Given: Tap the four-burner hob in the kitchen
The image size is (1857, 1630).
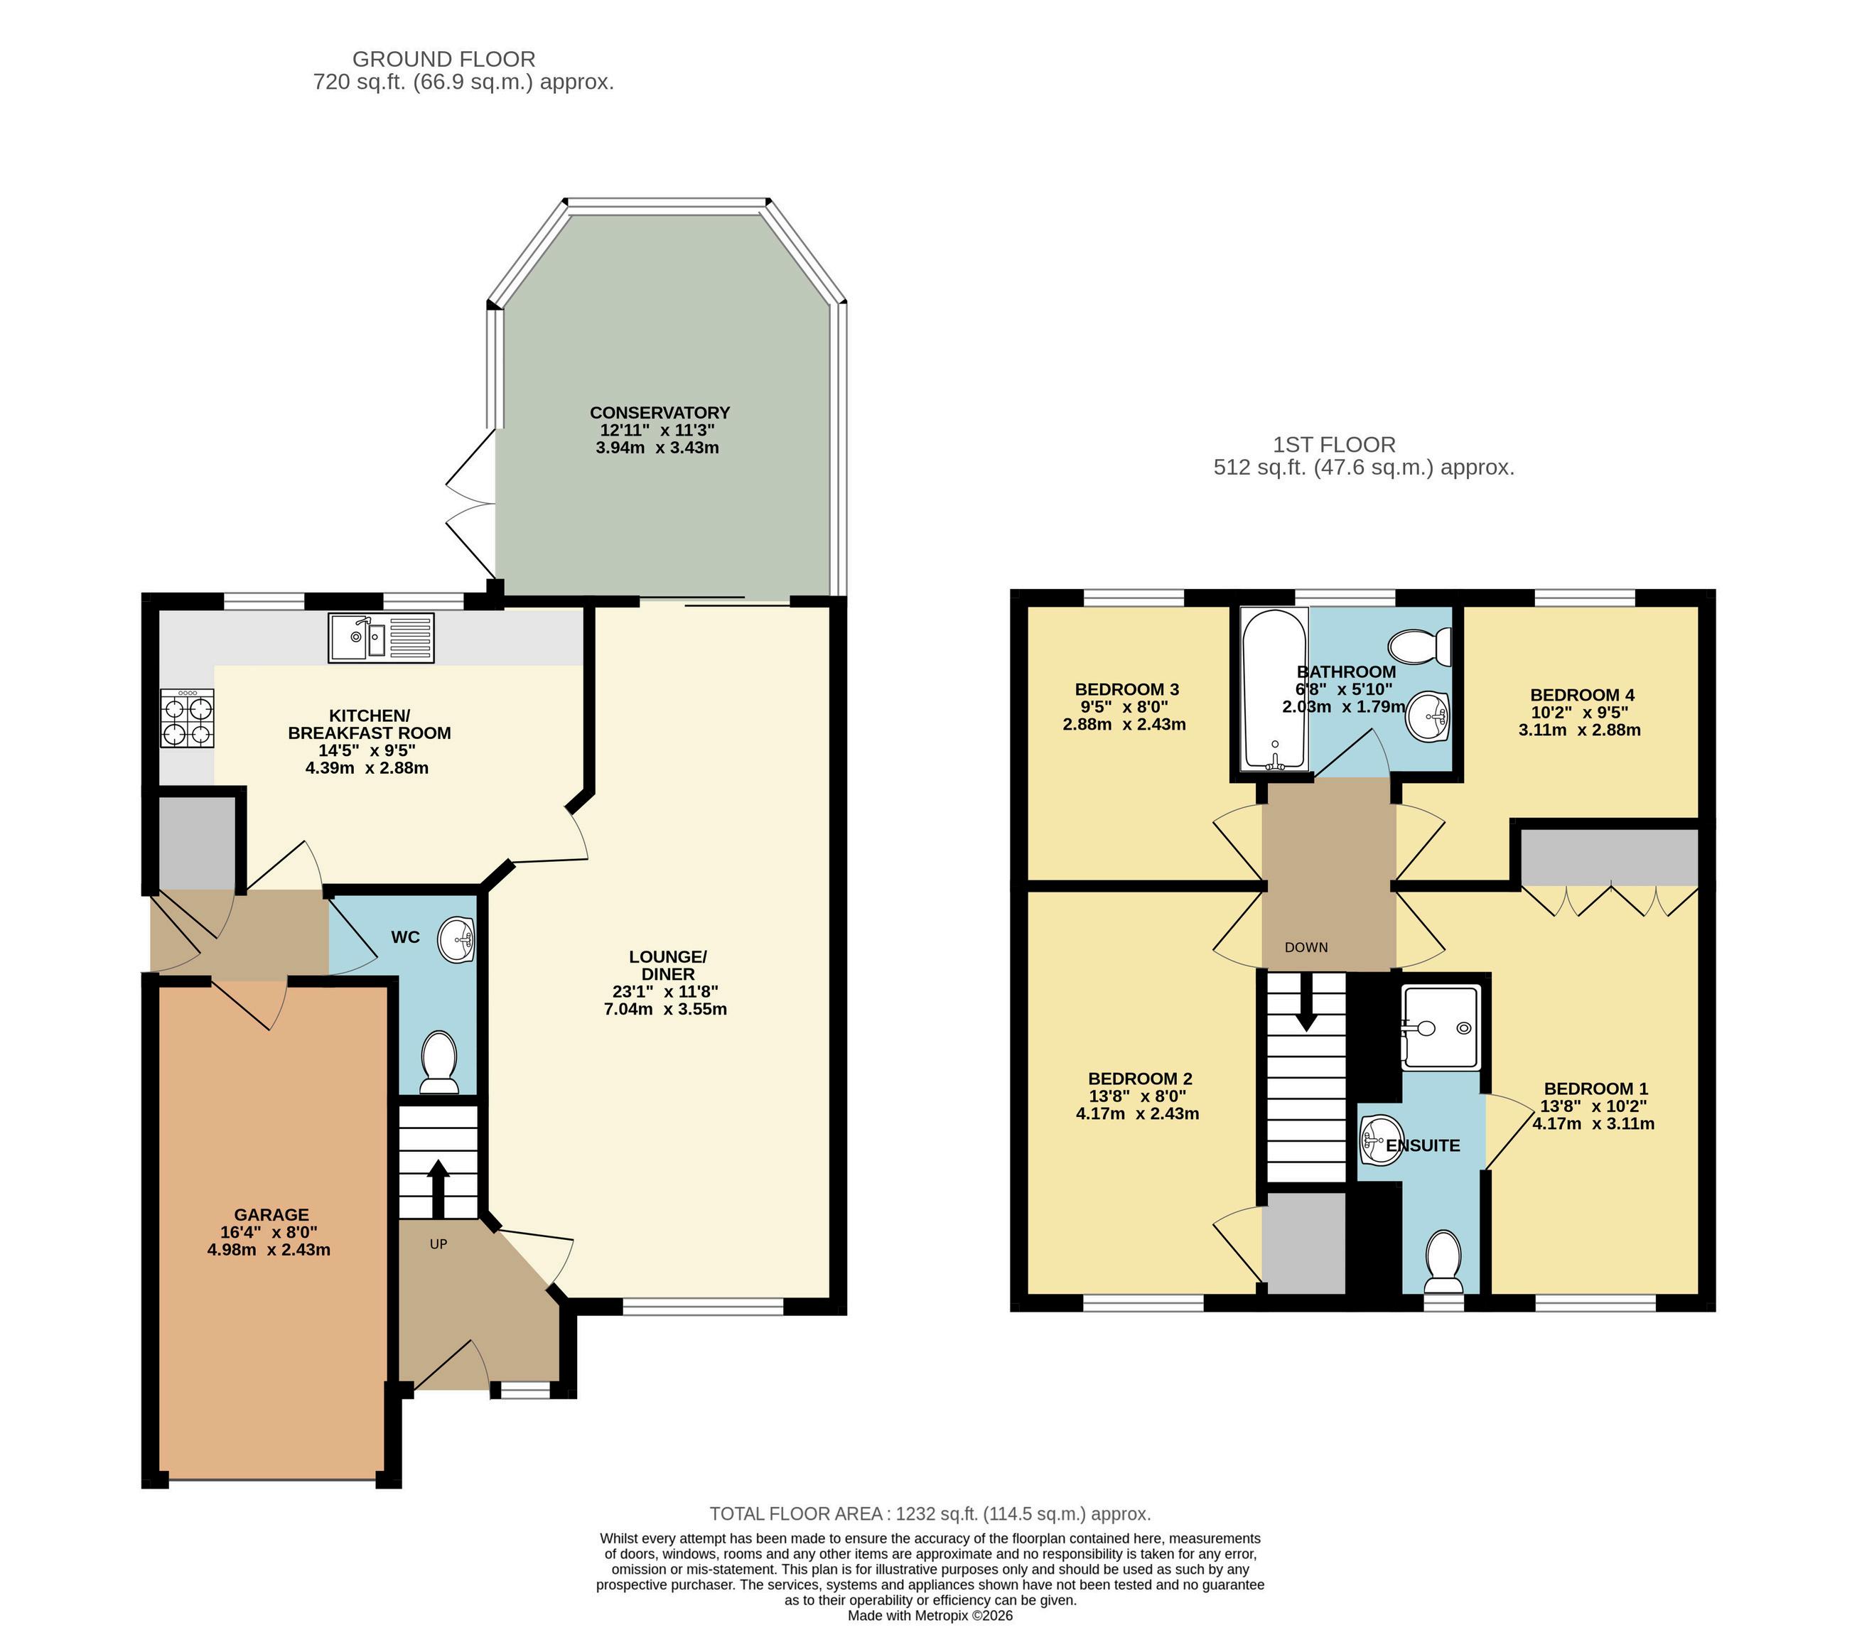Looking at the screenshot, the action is point(187,718).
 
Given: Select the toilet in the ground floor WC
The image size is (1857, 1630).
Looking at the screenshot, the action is point(440,1062).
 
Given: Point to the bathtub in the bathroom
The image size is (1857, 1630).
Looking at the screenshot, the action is point(1275,689).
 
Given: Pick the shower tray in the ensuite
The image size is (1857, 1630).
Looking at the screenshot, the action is point(1442,1027).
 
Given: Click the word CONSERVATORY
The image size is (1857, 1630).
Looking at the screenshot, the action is point(660,413).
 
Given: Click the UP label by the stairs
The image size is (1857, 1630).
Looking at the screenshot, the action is point(438,1244).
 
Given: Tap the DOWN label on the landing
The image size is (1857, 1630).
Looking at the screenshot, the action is point(1306,946).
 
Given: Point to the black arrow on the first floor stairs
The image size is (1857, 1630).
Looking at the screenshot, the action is point(1306,1002).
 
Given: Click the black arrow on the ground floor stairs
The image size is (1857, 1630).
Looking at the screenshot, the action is point(438,1189).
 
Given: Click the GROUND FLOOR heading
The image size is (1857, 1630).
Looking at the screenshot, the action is point(443,59).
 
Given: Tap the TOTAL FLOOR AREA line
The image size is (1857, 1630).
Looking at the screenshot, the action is point(930,1513).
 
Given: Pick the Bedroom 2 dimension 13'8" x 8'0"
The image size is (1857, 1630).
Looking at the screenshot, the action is point(1138,1096).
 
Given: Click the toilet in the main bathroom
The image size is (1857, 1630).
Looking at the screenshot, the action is point(1419,647).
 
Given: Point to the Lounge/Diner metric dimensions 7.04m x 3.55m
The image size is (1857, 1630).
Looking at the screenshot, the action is point(666,1008).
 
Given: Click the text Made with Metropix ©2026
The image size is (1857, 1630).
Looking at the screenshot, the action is point(930,1616).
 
